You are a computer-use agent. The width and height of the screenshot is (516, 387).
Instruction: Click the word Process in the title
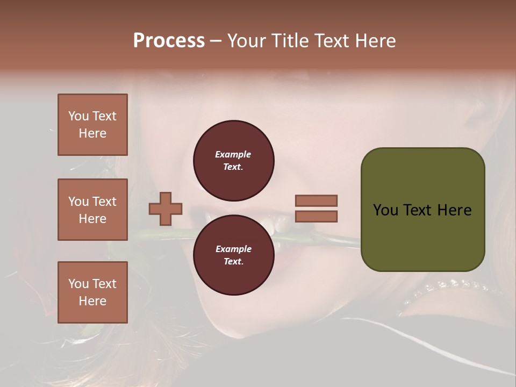[x=169, y=41]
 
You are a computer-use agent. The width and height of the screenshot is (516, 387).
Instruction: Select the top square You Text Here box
[x=92, y=125]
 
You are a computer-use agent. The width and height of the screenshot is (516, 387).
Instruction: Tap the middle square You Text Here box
[x=92, y=210]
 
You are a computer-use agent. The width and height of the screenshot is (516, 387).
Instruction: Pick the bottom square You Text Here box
[x=92, y=292]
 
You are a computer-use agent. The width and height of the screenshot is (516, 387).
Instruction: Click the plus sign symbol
[x=166, y=209]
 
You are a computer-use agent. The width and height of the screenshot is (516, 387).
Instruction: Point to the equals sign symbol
[x=316, y=209]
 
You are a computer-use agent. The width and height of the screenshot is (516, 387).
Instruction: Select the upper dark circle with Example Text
[x=233, y=160]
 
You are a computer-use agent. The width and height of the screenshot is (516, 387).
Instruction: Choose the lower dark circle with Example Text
[x=233, y=255]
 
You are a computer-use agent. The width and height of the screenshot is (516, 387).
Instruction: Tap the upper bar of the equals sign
[x=316, y=200]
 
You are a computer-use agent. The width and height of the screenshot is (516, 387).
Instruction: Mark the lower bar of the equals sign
[x=316, y=217]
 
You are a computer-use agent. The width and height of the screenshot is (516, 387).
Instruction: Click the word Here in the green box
[x=454, y=210]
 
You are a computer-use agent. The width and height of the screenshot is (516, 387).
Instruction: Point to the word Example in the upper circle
[x=233, y=154]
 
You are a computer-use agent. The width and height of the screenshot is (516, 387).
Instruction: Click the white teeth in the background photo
[x=279, y=224]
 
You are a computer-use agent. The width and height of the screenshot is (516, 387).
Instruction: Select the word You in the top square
[x=78, y=116]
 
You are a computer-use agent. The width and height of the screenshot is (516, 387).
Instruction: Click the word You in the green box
[x=385, y=210]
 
